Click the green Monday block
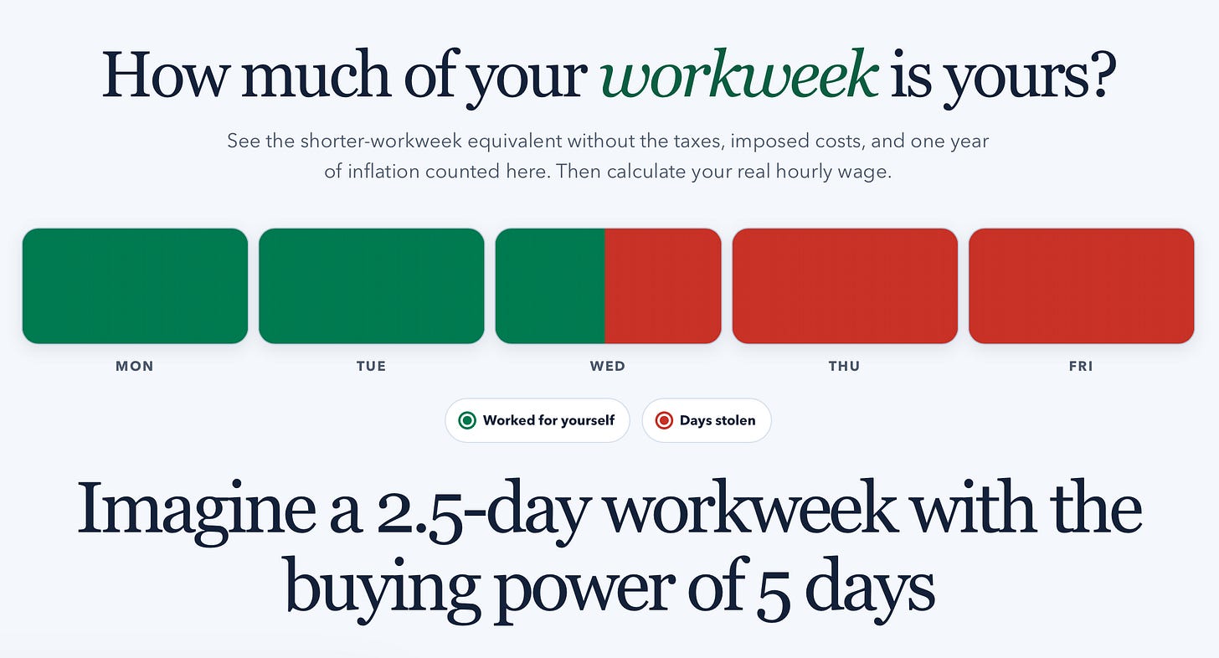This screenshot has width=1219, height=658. coord(135,285)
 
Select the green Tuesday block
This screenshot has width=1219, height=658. coord(372,285)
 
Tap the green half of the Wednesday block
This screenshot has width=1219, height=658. coord(550,285)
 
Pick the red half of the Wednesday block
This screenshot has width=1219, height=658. coord(663,285)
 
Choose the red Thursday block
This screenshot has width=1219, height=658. coord(845,285)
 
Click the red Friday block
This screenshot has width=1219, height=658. coord(1082,285)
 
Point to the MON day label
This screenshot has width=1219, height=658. coord(135,367)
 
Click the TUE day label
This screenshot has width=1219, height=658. coord(372,367)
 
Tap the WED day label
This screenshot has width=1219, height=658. coord(608,367)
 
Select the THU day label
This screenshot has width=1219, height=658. coord(845,367)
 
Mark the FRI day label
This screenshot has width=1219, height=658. coord(1081,367)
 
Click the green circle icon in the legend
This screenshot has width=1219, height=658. coord(467,421)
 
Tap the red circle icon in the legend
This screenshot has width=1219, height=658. coord(664,421)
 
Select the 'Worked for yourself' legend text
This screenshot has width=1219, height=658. coord(548,420)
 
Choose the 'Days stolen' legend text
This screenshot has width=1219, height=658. coord(718,420)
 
